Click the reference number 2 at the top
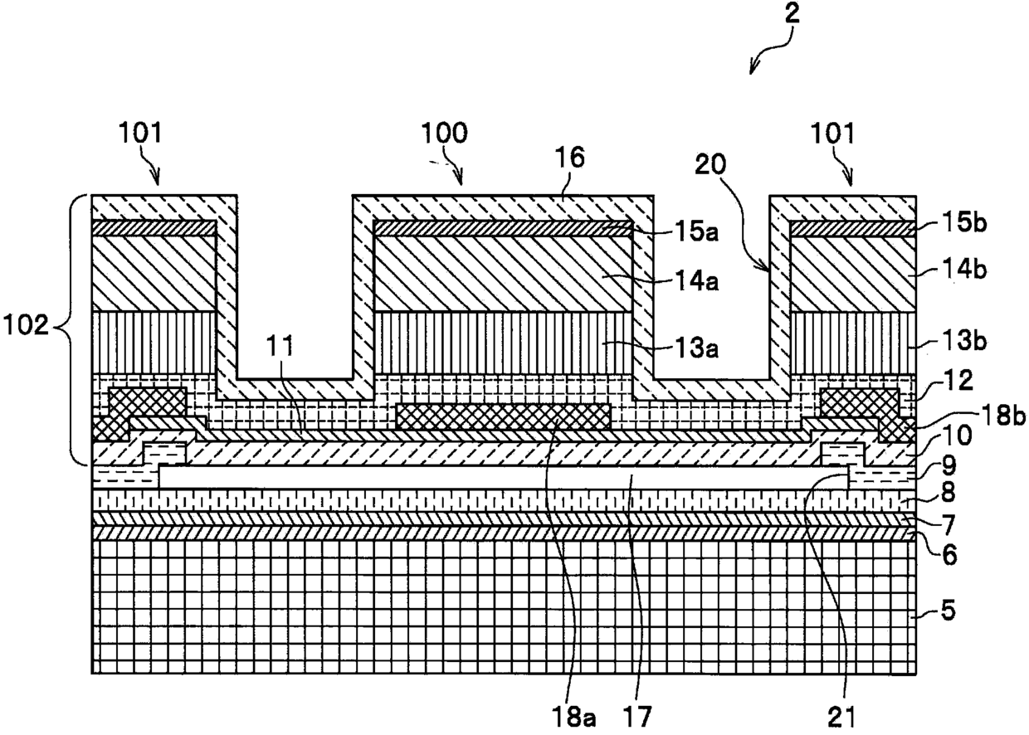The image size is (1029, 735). click(x=792, y=13)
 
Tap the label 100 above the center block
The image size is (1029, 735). click(x=444, y=133)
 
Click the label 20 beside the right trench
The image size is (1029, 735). click(x=710, y=164)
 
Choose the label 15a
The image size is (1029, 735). click(x=697, y=232)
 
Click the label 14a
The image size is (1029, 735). click(x=697, y=280)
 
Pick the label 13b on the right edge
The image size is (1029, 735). click(x=964, y=341)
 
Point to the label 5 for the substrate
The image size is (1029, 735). click(x=949, y=611)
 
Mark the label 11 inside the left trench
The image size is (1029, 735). click(x=280, y=346)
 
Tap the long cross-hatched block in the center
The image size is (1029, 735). click(x=504, y=416)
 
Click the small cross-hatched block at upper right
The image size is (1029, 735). click(x=860, y=403)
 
